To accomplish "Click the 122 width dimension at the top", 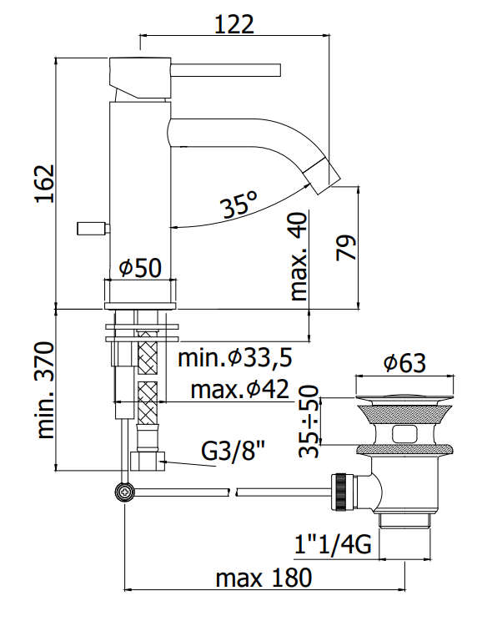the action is tap(233, 24).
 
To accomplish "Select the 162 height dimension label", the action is tap(45, 184).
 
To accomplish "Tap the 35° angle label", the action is tap(240, 204).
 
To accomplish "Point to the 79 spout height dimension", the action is tap(346, 248).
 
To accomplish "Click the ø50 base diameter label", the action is tap(140, 268).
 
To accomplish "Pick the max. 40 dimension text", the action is tap(299, 256).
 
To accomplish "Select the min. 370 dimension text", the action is tap(45, 390).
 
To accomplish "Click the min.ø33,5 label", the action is tap(235, 357).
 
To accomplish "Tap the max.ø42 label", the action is tap(240, 389).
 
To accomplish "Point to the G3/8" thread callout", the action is tap(233, 451).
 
